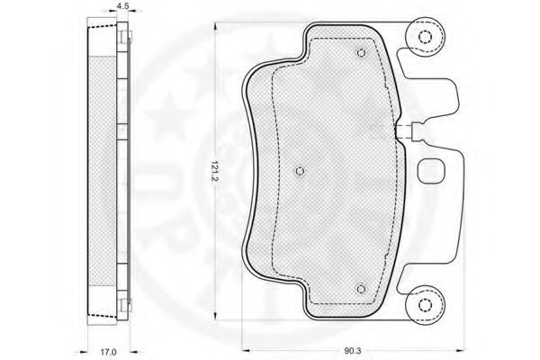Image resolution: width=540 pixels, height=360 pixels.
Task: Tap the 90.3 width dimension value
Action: point(352,351)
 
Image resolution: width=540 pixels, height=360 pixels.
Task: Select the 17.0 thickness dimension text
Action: point(109,352)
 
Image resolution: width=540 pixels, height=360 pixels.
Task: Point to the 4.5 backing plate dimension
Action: point(122,5)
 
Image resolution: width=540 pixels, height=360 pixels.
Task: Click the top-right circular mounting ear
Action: point(425,36)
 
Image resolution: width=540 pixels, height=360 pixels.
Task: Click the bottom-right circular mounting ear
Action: point(425,305)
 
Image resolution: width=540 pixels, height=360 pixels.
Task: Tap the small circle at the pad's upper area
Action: point(361,53)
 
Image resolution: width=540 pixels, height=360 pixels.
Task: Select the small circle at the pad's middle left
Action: point(300,171)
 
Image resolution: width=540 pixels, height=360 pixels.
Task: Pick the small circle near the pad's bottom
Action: point(361,289)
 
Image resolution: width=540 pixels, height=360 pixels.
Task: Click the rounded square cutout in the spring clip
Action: point(431,170)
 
